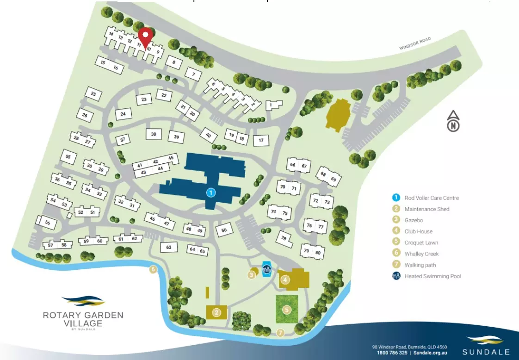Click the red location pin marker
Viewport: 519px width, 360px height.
(146, 37)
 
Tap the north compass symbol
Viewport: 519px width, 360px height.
(454, 122)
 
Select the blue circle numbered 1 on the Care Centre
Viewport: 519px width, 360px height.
(210, 192)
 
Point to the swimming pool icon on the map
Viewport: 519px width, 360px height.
(267, 269)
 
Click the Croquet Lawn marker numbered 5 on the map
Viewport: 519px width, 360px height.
(287, 310)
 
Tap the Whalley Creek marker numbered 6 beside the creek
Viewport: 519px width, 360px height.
(153, 270)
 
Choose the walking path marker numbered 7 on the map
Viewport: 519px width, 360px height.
(280, 332)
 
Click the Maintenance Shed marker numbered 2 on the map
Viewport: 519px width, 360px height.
(216, 312)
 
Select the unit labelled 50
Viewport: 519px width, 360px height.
(224, 230)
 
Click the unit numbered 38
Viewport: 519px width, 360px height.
(154, 135)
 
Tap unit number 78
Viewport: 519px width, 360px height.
(284, 238)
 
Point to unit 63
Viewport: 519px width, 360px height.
(169, 247)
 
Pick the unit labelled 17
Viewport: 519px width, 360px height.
(261, 140)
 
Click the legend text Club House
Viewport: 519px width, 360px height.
(418, 231)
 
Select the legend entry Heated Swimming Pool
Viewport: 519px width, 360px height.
(432, 276)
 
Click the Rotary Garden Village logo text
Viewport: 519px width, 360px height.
(83, 319)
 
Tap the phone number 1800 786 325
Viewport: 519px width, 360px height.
(392, 353)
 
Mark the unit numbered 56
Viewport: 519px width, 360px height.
(47, 223)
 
